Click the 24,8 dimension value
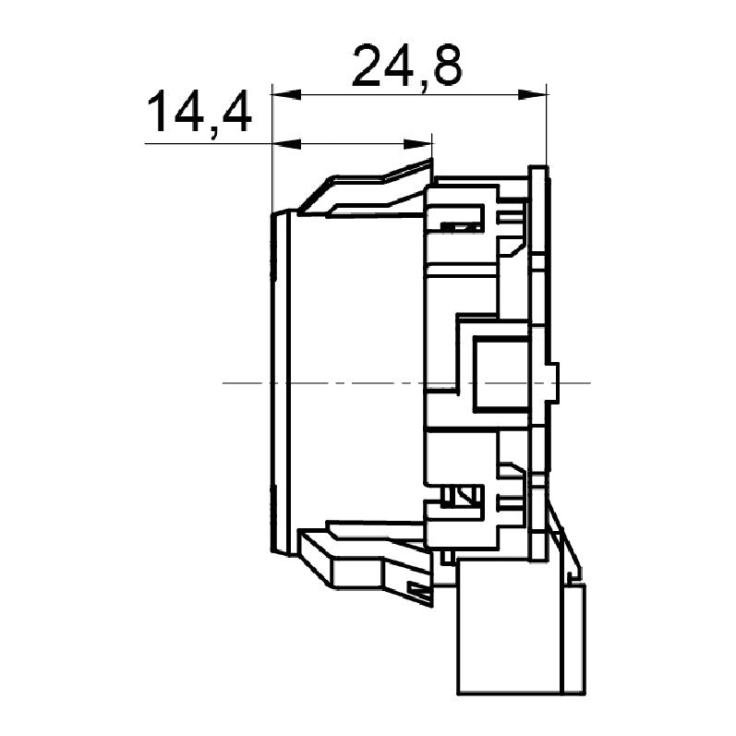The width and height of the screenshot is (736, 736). pyautogui.click(x=407, y=66)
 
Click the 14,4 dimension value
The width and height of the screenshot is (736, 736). pyautogui.click(x=199, y=113)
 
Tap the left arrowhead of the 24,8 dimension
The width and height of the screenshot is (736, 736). pyautogui.click(x=286, y=94)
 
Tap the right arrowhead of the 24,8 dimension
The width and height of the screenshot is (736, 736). pyautogui.click(x=532, y=95)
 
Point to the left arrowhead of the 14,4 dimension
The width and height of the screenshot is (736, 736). pyautogui.click(x=286, y=144)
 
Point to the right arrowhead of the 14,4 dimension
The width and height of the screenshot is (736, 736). pyautogui.click(x=417, y=144)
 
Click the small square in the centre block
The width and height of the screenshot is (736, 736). pyautogui.click(x=501, y=375)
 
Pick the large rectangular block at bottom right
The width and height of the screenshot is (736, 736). pyautogui.click(x=509, y=627)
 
